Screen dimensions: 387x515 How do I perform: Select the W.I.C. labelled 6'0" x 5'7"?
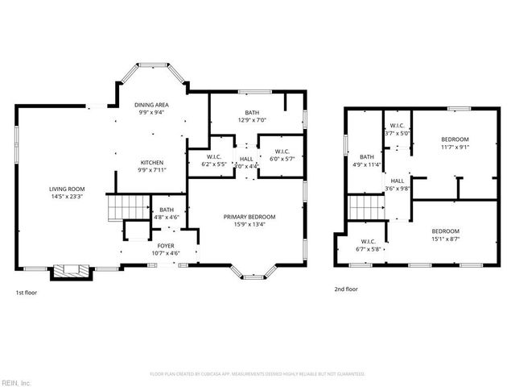[x=282, y=156]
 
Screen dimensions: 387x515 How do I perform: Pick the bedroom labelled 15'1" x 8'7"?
[x=455, y=234]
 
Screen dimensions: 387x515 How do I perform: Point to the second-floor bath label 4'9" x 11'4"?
[x=367, y=160]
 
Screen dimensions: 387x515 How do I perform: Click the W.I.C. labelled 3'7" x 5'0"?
[x=398, y=129]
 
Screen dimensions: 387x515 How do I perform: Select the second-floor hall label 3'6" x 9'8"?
[x=398, y=185]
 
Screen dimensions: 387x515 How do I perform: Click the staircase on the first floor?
[x=125, y=208]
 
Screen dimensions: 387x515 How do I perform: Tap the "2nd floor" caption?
[x=347, y=289]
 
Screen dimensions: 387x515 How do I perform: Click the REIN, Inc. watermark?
[x=15, y=381]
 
